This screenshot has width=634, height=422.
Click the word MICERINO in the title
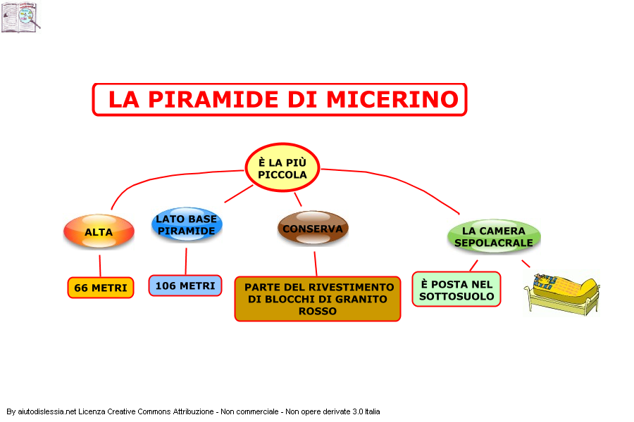click(392, 99)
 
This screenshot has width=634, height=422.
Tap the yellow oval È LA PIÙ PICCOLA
click(282, 167)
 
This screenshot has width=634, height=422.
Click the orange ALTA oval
click(99, 231)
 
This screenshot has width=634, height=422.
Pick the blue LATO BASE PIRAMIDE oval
click(187, 224)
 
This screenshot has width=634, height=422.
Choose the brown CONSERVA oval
click(313, 228)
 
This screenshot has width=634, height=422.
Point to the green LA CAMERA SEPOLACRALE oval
click(494, 236)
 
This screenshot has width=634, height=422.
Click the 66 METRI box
click(101, 288)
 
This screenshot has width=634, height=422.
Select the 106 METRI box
click(185, 286)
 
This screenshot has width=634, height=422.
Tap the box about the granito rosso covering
click(318, 299)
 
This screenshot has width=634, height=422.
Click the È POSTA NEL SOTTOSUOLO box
click(456, 290)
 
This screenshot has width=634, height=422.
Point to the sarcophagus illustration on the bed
click(562, 293)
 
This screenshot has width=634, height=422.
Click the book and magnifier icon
click(20, 17)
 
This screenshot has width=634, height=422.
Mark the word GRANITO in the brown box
click(362, 299)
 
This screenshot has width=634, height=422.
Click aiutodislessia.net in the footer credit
click(47, 411)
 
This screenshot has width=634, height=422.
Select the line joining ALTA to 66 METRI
click(100, 266)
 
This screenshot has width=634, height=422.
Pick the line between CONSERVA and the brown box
click(316, 264)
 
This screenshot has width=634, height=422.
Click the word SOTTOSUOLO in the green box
click(456, 296)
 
